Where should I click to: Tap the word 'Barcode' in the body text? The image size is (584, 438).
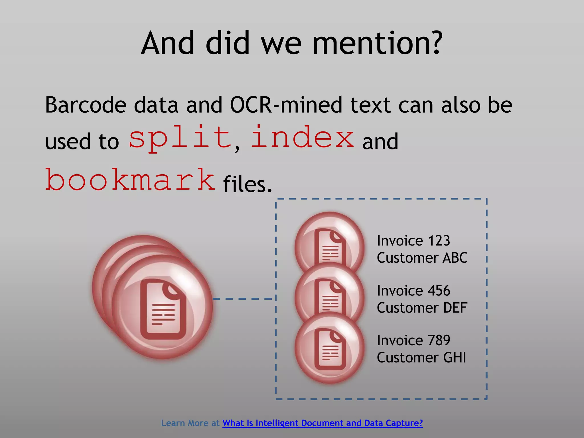coord(86,105)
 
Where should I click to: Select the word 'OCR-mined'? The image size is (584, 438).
coord(286,105)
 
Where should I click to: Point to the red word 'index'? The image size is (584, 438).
coord(302,137)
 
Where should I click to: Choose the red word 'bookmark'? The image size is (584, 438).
coord(130,180)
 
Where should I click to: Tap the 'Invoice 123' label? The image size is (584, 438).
coord(413,241)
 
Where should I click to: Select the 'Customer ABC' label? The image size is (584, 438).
coord(422,258)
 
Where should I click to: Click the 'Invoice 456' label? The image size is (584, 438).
coord(413,291)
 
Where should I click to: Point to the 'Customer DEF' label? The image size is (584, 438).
coord(422,308)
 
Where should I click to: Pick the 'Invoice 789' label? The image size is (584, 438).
coord(413,340)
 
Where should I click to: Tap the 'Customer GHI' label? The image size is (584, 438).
coord(421,358)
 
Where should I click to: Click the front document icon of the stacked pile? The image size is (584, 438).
coord(163,309)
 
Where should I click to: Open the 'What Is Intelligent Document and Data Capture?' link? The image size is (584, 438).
coord(322,423)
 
